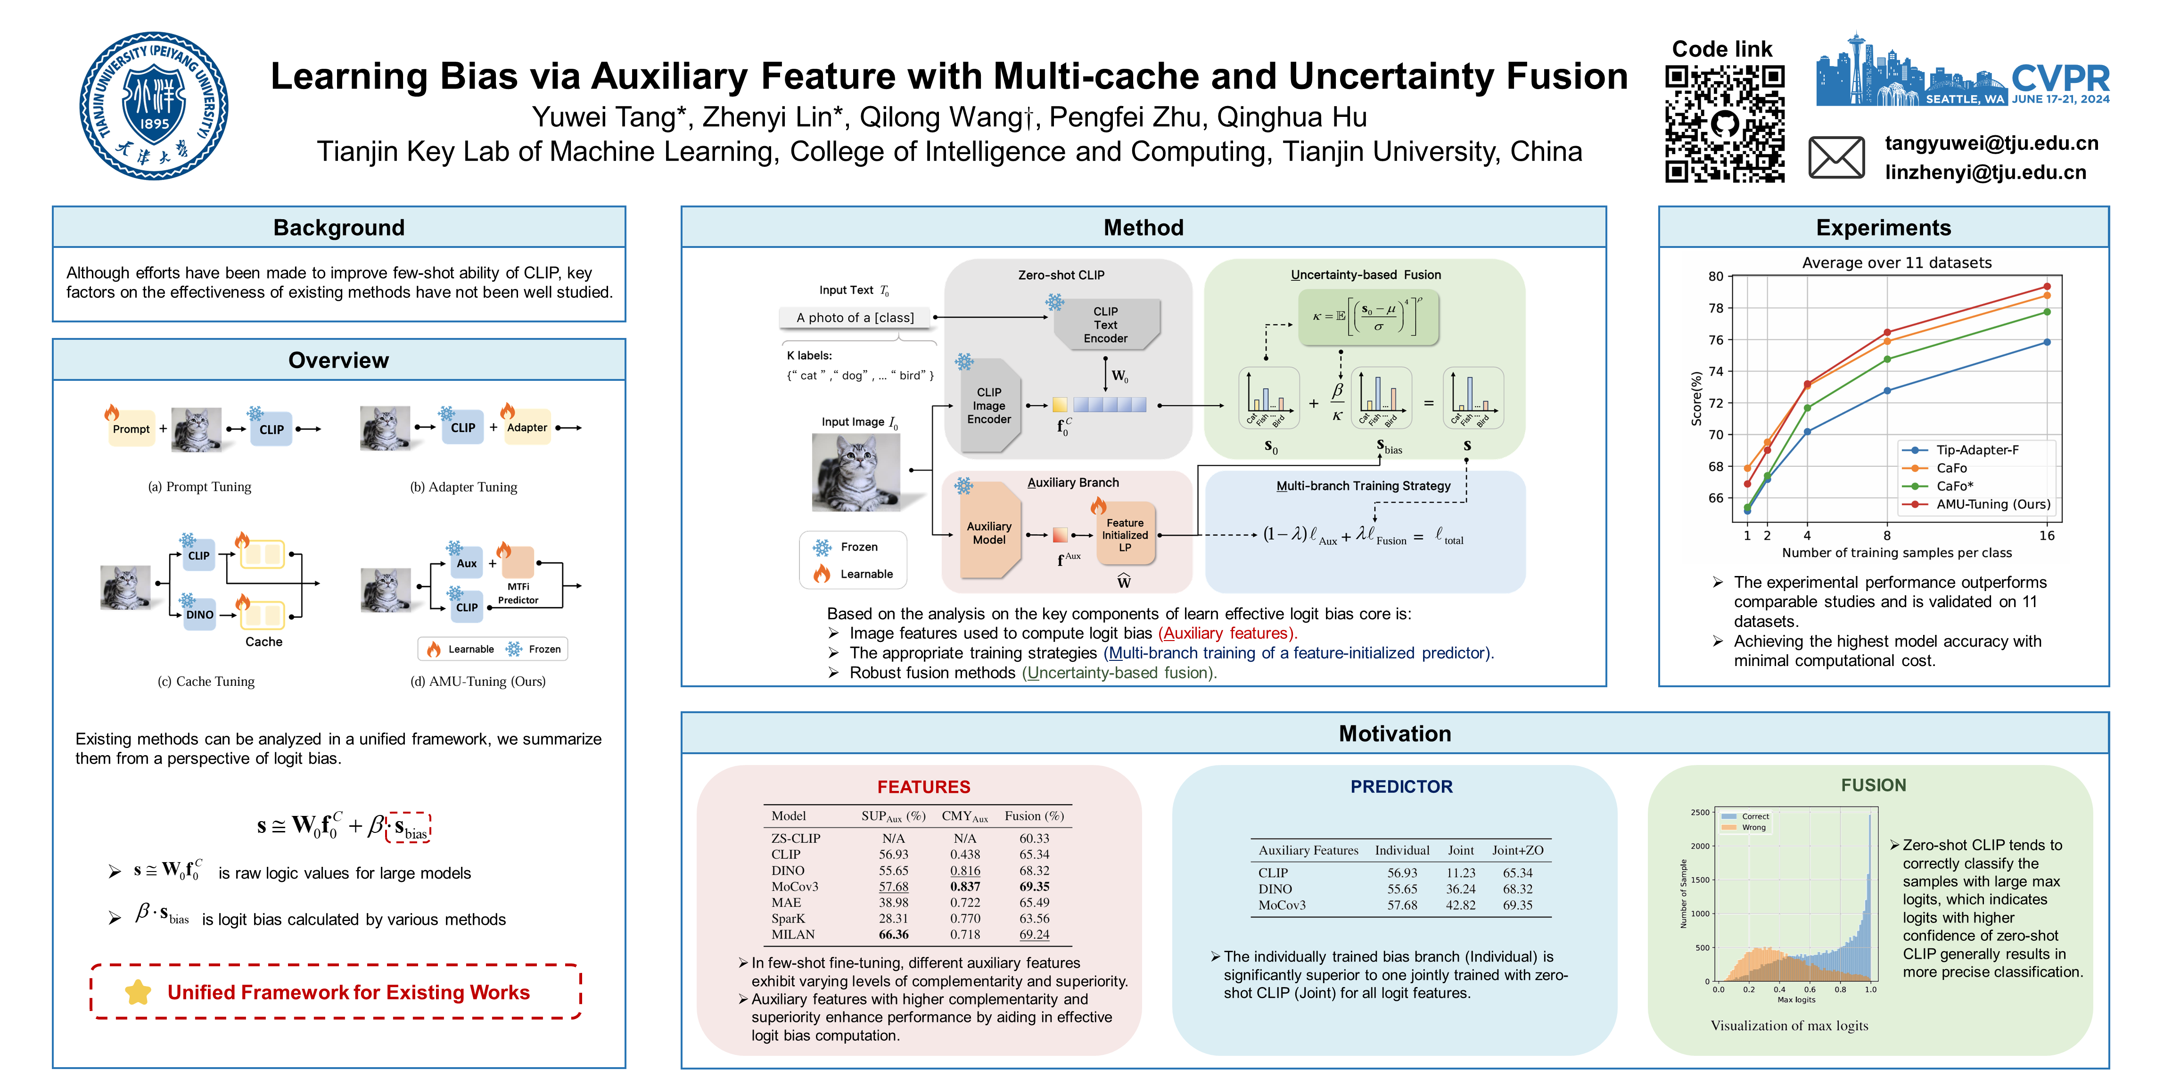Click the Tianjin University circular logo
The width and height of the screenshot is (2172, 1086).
(154, 106)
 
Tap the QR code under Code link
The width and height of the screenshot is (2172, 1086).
(1724, 124)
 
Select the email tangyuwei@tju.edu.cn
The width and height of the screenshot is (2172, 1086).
(1991, 143)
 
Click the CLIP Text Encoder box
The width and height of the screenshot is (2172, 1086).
(1105, 325)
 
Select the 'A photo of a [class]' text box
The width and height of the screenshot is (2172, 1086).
(855, 318)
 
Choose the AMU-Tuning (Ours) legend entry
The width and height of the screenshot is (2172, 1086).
(1991, 504)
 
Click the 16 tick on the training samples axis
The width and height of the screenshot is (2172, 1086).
(2046, 535)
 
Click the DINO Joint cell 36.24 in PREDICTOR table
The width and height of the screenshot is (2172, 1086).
(1460, 889)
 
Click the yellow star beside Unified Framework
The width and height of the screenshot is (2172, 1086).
(138, 992)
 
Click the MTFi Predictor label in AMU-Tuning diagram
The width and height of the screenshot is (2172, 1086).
(518, 593)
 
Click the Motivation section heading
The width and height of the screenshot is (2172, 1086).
(1395, 733)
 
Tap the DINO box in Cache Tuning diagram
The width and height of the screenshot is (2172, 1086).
(200, 615)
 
